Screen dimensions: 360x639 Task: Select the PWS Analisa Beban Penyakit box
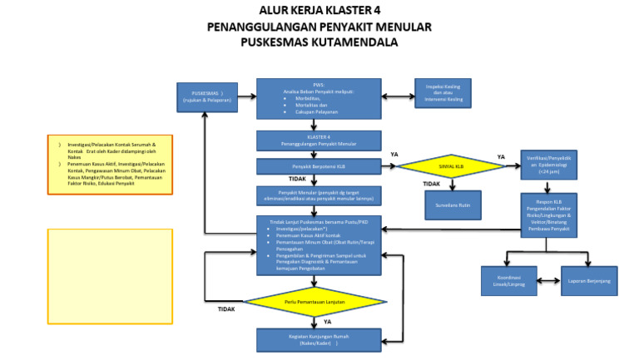(319, 99)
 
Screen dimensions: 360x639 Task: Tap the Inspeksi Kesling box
(443, 93)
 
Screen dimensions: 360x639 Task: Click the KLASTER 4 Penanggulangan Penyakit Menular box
(319, 140)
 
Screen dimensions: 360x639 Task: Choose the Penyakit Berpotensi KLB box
(319, 166)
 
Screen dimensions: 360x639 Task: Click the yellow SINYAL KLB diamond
(451, 166)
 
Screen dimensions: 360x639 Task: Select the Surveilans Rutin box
(452, 204)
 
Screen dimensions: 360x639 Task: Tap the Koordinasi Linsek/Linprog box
(508, 281)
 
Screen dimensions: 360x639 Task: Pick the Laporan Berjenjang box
(588, 281)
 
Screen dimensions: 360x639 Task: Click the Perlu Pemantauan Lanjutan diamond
(315, 301)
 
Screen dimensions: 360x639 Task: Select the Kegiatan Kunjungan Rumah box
(319, 340)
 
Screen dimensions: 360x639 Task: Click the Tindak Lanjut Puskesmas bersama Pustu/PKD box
(319, 244)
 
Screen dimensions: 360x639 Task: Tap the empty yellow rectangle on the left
(111, 276)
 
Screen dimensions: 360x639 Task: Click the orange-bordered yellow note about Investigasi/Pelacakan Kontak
(111, 164)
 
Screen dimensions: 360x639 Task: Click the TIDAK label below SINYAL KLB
(431, 184)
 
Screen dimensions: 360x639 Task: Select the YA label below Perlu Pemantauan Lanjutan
(327, 321)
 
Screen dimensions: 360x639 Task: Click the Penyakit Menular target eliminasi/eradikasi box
(319, 196)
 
